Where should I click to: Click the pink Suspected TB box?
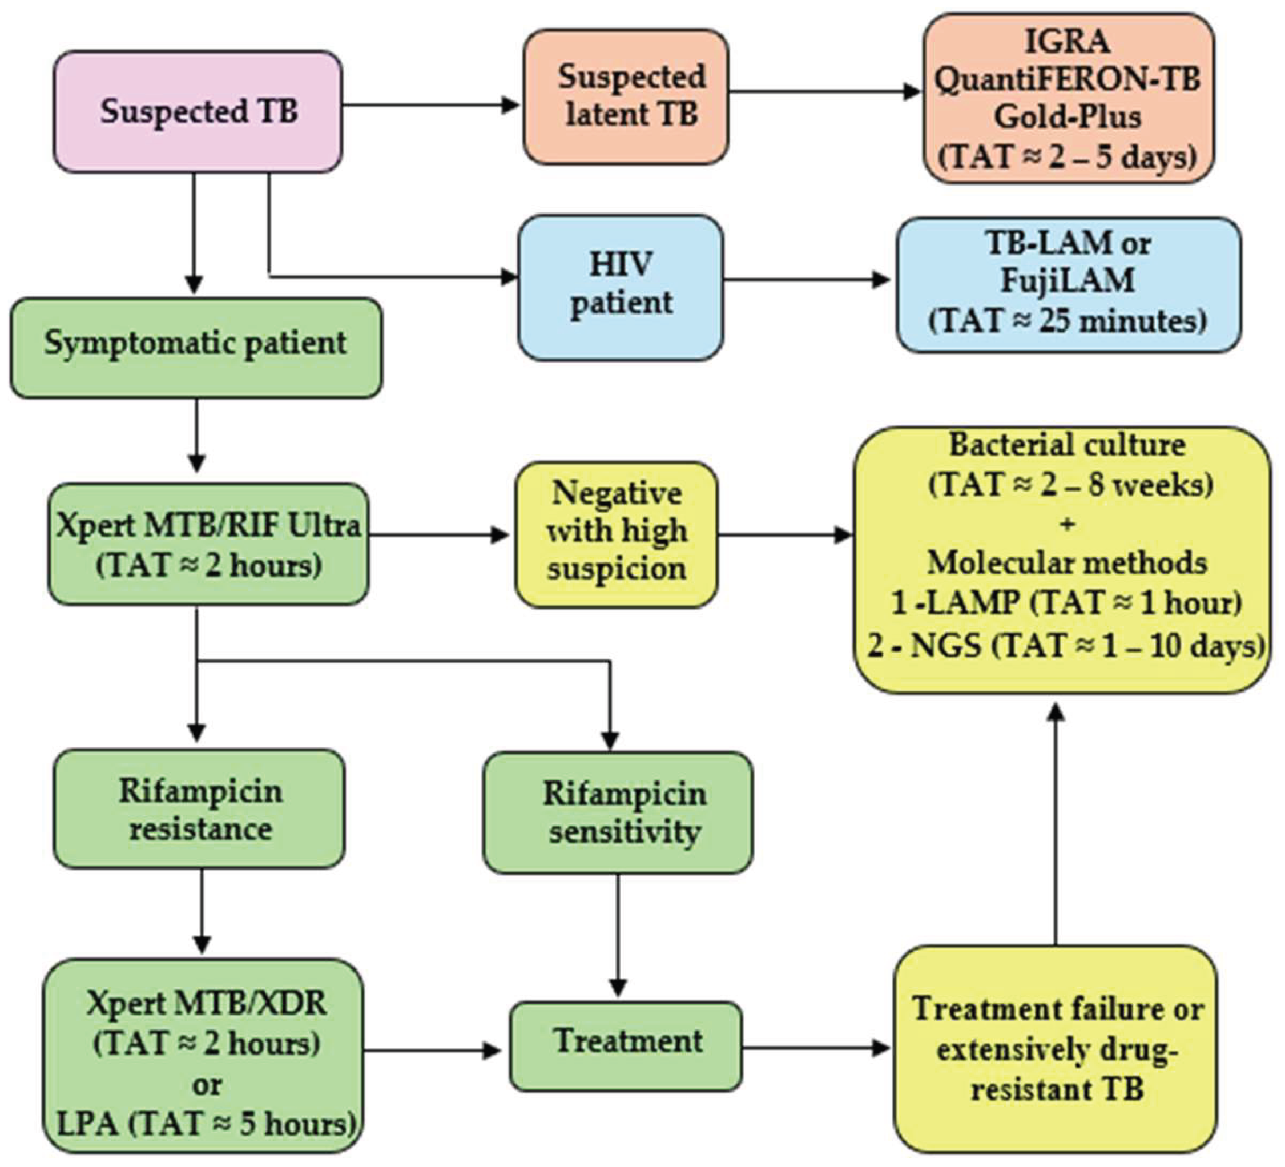point(198,112)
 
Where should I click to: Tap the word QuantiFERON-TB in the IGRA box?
point(1068,81)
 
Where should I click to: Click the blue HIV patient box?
point(620,287)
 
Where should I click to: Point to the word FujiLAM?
point(1068,281)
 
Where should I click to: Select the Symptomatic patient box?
point(196,347)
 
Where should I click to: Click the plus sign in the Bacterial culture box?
point(1068,524)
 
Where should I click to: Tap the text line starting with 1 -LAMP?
point(1066,602)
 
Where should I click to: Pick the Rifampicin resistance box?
point(199,810)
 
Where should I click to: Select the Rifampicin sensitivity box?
point(618,812)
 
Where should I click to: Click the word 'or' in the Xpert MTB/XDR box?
point(207,1084)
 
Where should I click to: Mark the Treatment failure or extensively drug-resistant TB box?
point(1056,1048)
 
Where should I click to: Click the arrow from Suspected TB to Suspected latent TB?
point(431,105)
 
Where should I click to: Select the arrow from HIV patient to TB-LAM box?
point(806,279)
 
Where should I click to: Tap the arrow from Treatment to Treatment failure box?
point(816,1047)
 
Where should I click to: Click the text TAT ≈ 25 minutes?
point(1068,321)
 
